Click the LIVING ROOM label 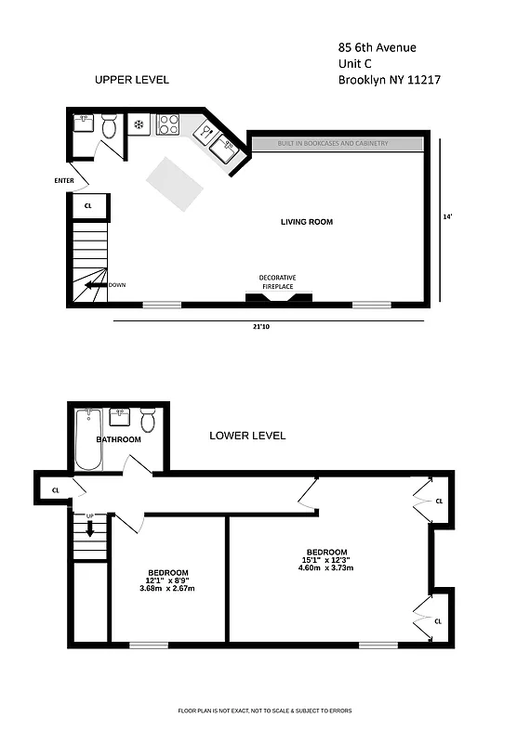tap(306, 222)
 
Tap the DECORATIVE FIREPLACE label tap(277, 282)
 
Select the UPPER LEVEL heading tap(132, 80)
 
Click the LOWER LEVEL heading tap(247, 436)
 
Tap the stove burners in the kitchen tap(168, 124)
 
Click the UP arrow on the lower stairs tap(90, 528)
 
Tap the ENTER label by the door tap(64, 180)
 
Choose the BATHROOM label tap(119, 439)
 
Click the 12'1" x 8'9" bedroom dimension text tap(168, 580)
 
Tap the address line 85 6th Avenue tap(378, 47)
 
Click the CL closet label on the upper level tap(88, 206)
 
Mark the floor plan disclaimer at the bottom tap(265, 710)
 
